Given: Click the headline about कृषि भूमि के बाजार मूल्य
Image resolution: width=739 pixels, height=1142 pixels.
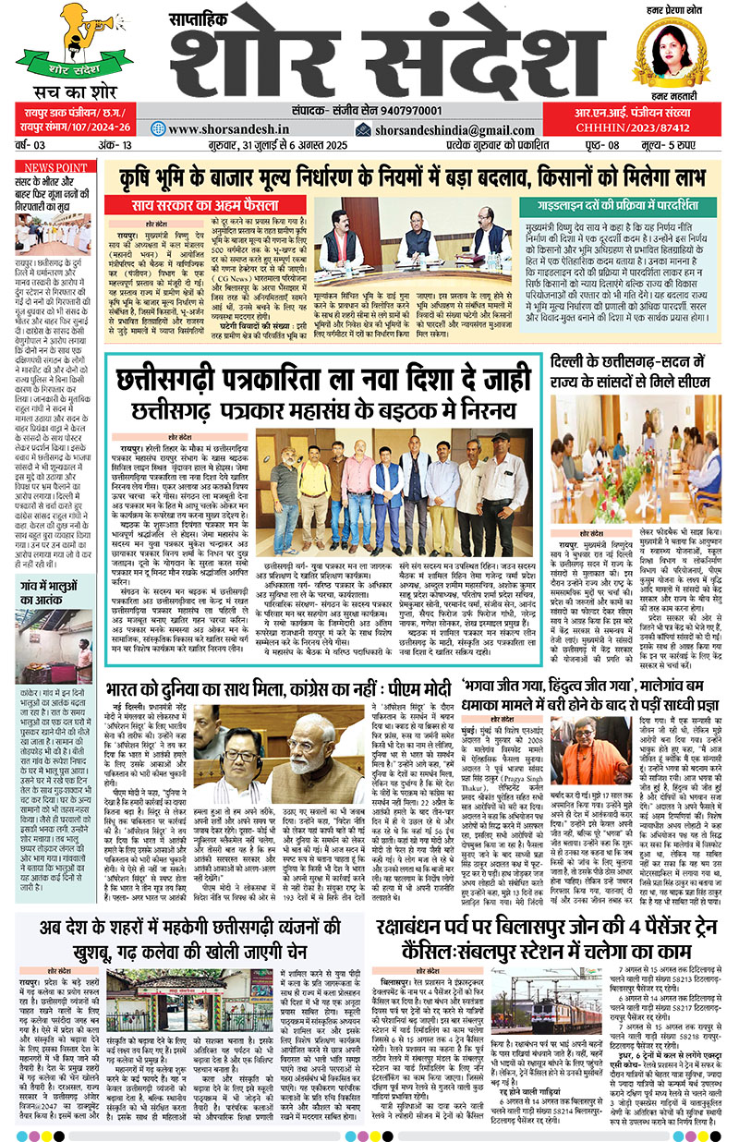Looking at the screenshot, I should (x=415, y=176).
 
